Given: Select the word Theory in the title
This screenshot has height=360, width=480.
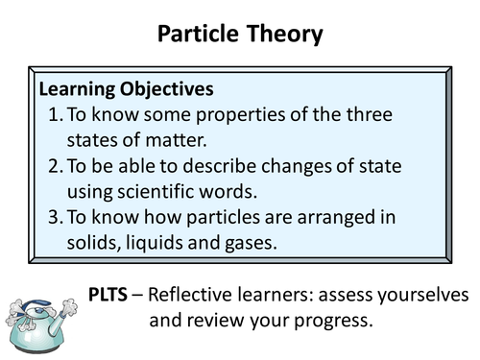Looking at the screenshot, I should pyautogui.click(x=283, y=36).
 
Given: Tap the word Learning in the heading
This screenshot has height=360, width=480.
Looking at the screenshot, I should pyautogui.click(x=75, y=89).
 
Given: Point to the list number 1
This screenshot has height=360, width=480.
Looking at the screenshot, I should pyautogui.click(x=54, y=115).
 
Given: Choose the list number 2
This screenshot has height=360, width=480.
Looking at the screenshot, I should pyautogui.click(x=54, y=166).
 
